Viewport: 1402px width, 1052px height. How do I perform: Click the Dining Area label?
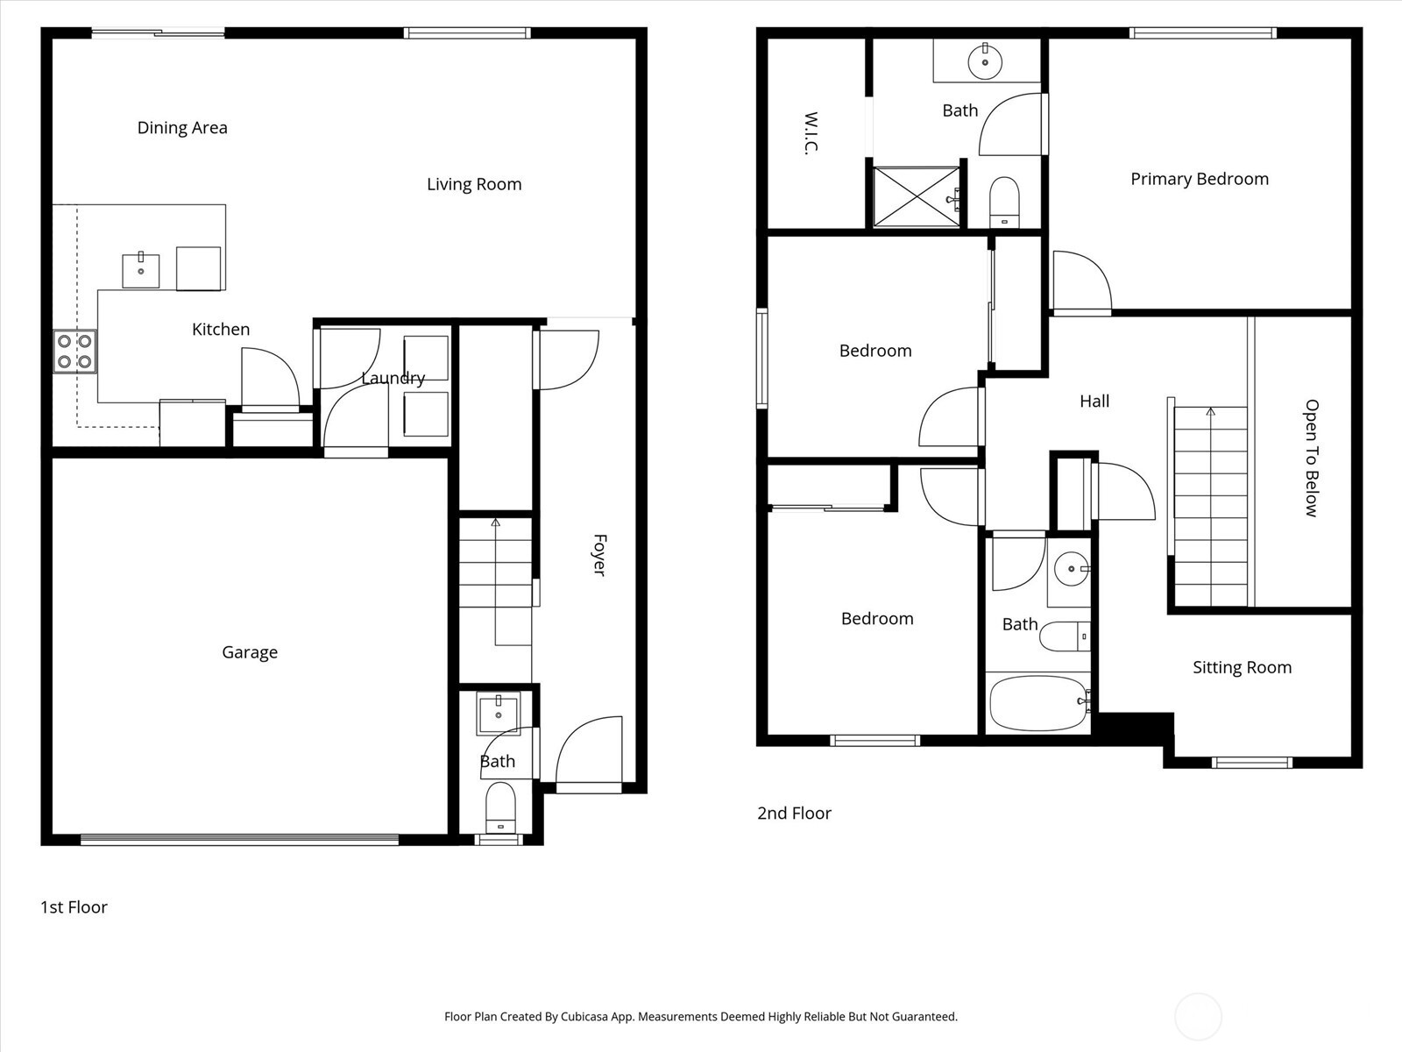tap(182, 128)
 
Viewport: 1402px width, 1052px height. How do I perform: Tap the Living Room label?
tap(474, 184)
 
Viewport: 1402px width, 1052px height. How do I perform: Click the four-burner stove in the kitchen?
tap(74, 352)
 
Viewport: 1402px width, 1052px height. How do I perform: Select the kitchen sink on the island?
tap(140, 271)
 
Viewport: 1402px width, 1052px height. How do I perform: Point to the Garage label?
tap(250, 652)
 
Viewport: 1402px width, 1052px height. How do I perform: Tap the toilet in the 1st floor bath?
tap(500, 807)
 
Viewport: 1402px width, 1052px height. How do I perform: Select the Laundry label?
tap(393, 378)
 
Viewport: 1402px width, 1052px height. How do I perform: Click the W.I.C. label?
tap(811, 133)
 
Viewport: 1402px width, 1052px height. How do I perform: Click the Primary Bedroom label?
tap(1200, 179)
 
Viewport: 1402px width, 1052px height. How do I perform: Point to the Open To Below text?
tap(1311, 458)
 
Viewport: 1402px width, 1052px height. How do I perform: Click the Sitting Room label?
tap(1242, 667)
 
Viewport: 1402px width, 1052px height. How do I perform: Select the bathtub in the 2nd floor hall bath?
tap(1038, 703)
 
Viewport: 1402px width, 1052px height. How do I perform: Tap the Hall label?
tap(1094, 402)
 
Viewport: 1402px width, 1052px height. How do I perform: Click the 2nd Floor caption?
tap(794, 814)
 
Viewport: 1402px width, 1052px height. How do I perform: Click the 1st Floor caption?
tap(74, 907)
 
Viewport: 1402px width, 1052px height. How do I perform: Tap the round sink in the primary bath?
tap(985, 61)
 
